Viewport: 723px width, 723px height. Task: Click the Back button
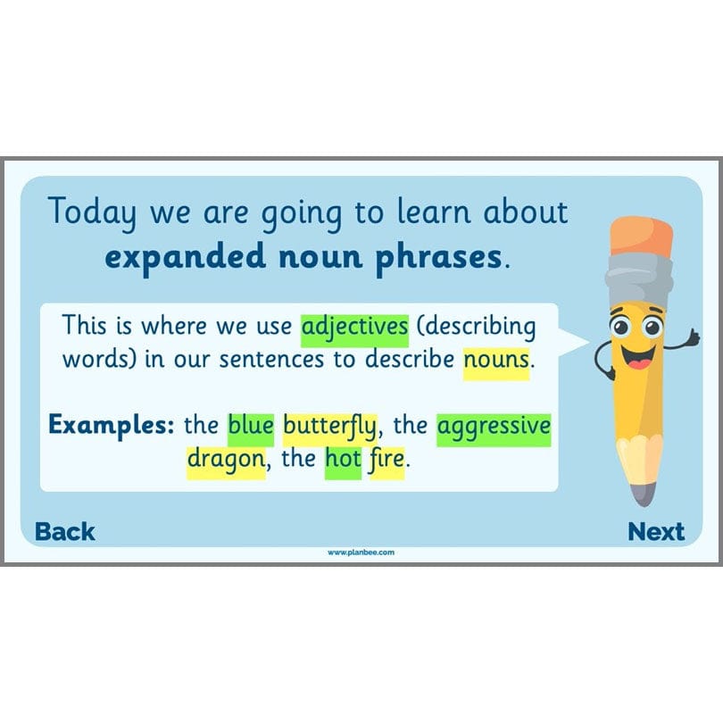pos(65,532)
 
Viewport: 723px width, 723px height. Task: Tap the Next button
pos(656,532)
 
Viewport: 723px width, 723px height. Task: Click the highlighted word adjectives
pos(354,328)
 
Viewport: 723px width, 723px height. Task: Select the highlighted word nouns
pos(496,361)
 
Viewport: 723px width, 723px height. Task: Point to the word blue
pos(251,426)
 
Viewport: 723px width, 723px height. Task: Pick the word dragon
pos(226,461)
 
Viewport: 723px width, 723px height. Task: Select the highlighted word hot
pos(343,461)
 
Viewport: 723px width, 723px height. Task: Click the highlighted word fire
pos(386,461)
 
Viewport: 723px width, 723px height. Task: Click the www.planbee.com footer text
pos(361,553)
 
